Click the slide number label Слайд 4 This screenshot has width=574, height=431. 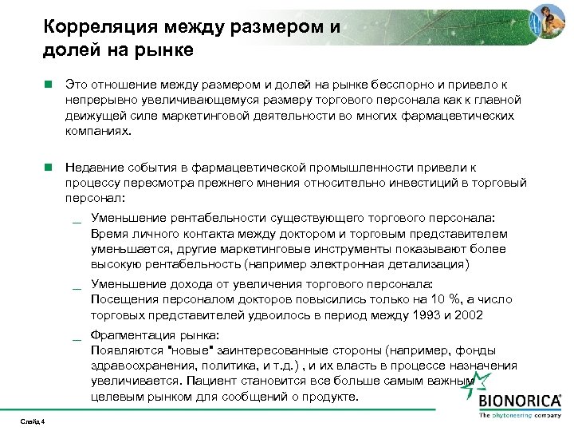pyautogui.click(x=31, y=421)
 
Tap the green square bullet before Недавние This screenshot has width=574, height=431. pyautogui.click(x=49, y=168)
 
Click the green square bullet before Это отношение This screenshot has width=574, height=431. pyautogui.click(x=49, y=84)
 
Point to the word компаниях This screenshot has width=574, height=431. pyautogui.click(x=97, y=130)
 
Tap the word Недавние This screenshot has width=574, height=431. pyautogui.click(x=96, y=168)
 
